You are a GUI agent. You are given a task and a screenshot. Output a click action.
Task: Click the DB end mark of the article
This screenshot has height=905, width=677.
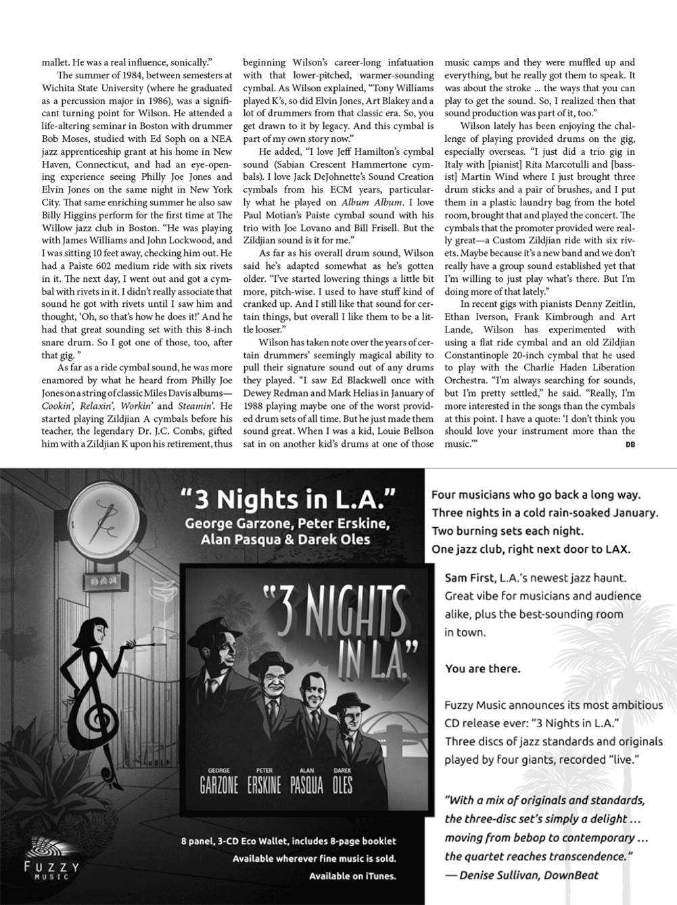point(630,444)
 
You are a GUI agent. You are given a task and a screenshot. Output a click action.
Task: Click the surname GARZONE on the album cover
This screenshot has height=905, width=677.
point(219,785)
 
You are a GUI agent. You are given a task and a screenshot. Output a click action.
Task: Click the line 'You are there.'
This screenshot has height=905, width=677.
point(482,669)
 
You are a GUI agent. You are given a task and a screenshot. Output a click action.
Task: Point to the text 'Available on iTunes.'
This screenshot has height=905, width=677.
point(352,877)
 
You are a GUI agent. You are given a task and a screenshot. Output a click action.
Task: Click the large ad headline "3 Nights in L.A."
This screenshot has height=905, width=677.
point(287,501)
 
